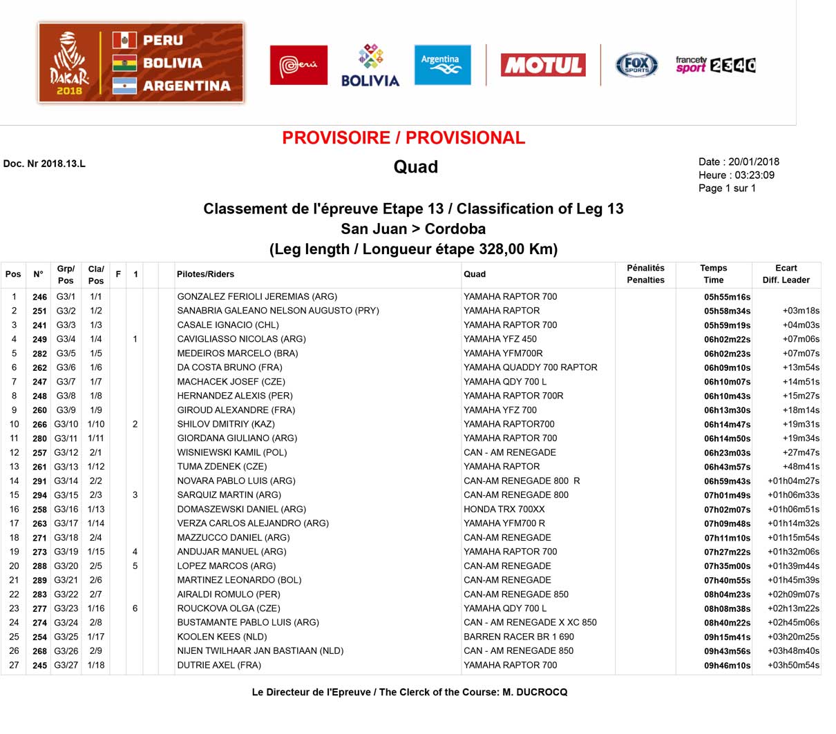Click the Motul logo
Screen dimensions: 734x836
pos(543,66)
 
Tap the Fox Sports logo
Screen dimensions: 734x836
pos(636,66)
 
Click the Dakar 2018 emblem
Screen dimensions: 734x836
pos(69,64)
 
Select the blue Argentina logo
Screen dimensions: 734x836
pos(442,65)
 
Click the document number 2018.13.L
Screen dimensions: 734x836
pos(63,164)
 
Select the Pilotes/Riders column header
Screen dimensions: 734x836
pos(205,274)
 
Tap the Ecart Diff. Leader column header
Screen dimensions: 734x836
pos(786,274)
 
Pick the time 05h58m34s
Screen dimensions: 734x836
pos(727,311)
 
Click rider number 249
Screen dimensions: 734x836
pos(39,340)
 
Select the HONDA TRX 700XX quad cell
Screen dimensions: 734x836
pos(504,510)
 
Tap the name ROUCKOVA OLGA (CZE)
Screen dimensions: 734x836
pos(229,608)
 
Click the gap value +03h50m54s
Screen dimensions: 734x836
pos(793,666)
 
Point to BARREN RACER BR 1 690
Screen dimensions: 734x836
pos(518,637)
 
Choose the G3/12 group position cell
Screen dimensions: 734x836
pos(66,453)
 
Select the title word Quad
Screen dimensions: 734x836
pos(415,167)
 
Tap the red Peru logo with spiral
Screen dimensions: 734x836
pos(298,66)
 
